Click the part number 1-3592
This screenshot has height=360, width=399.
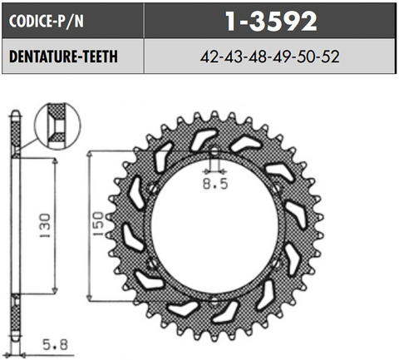[x=271, y=18]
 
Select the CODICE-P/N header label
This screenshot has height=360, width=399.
[x=47, y=19]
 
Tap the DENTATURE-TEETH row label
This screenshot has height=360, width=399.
[x=62, y=57]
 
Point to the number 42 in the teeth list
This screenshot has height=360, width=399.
[x=209, y=58]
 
